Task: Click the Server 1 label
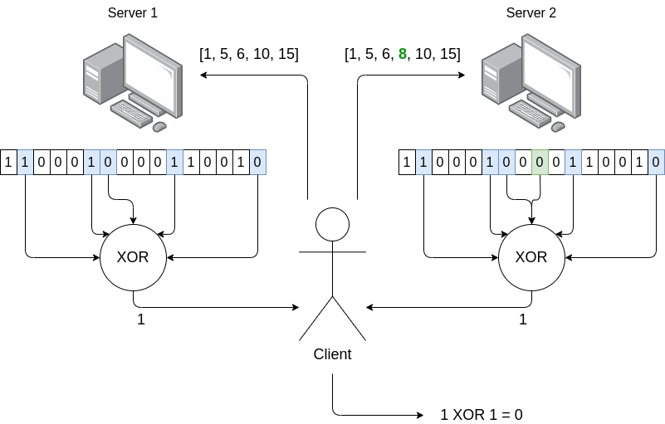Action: tap(133, 13)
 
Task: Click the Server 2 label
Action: tap(531, 13)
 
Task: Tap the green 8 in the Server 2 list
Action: tap(403, 55)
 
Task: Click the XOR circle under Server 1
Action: tap(133, 257)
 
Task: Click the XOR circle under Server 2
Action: tap(531, 257)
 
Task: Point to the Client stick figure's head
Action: tap(332, 224)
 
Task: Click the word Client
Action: tap(332, 354)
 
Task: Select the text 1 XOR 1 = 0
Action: tap(482, 414)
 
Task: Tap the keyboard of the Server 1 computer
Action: tap(133, 112)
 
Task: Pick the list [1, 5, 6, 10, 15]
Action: tap(249, 55)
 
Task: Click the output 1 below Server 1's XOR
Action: tap(140, 319)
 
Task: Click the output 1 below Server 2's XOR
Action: tap(523, 319)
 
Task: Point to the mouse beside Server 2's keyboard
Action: tap(558, 126)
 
